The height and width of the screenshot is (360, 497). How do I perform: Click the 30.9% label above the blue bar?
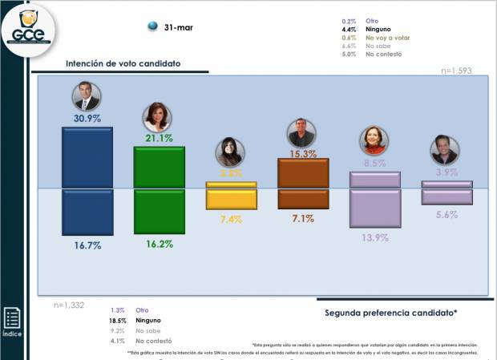(87, 118)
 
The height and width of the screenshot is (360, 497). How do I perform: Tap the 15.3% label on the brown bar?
(302, 153)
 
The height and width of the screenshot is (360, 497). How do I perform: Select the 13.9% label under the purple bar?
(375, 238)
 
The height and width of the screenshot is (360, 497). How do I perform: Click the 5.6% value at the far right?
(446, 214)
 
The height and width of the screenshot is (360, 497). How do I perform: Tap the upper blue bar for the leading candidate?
(87, 156)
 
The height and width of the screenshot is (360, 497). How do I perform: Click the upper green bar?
(159, 167)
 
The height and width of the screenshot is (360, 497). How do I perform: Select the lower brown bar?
(302, 198)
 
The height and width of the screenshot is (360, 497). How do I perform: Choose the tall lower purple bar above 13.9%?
(375, 208)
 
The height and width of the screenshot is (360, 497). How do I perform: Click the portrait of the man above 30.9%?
(87, 96)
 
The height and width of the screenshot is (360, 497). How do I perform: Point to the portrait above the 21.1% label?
(156, 117)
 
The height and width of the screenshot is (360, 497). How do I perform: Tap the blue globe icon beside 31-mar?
(152, 27)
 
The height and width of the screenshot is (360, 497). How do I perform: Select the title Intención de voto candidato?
(123, 63)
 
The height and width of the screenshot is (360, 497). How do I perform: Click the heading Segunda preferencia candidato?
(390, 311)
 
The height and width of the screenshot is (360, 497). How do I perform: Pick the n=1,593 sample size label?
(456, 71)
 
